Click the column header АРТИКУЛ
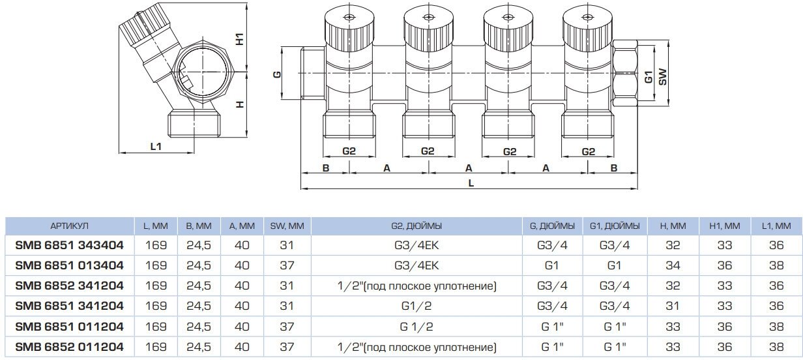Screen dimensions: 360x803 tap(69, 226)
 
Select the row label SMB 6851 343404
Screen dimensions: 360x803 tap(69, 246)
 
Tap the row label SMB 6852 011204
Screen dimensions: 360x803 tap(69, 347)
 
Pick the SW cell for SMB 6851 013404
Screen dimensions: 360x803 tap(287, 266)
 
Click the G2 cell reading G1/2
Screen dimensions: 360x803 tap(417, 307)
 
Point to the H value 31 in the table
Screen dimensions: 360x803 tap(673, 307)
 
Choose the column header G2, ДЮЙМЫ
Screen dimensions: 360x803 tap(417, 226)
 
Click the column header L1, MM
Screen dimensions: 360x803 tap(776, 226)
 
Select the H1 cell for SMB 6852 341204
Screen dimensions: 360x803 tap(724, 286)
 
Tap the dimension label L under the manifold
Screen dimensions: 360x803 tap(470, 183)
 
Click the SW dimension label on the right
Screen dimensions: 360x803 tap(662, 77)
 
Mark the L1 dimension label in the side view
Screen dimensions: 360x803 tap(156, 147)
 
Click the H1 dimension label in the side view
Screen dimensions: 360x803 tap(240, 39)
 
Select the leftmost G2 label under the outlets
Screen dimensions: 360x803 tap(349, 151)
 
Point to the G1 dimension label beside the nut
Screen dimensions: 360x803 tap(648, 76)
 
